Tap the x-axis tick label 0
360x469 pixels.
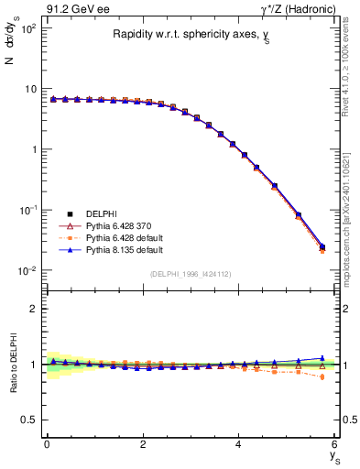click(x=47, y=445)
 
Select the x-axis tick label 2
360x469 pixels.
click(x=143, y=445)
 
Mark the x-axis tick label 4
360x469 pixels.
click(x=239, y=445)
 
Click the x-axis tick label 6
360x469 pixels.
click(x=335, y=445)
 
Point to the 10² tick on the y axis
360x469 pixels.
click(x=28, y=28)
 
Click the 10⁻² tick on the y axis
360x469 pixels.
click(x=28, y=270)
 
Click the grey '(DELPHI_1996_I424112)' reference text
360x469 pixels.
click(x=190, y=273)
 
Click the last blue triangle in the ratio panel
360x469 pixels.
click(x=322, y=358)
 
